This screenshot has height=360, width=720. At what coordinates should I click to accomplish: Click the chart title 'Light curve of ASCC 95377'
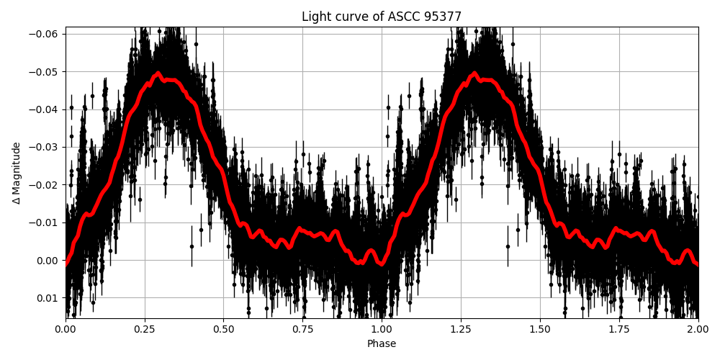382,17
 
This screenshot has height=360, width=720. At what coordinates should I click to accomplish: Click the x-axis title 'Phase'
382,344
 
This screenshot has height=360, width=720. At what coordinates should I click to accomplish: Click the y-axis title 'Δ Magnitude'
17,173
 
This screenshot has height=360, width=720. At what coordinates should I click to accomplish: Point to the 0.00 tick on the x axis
66,329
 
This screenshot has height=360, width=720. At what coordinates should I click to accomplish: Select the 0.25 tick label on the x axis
145,329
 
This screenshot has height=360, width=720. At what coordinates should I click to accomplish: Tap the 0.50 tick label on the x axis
223,329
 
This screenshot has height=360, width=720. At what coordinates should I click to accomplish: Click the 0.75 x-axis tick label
302,329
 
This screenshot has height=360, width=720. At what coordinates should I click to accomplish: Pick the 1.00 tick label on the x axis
382,329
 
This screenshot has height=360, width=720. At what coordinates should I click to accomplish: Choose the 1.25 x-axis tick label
461,329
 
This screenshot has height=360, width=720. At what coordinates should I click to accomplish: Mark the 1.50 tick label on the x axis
540,329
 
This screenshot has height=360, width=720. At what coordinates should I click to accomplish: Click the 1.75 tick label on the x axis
619,329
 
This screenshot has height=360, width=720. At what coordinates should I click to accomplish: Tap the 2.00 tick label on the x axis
698,329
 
